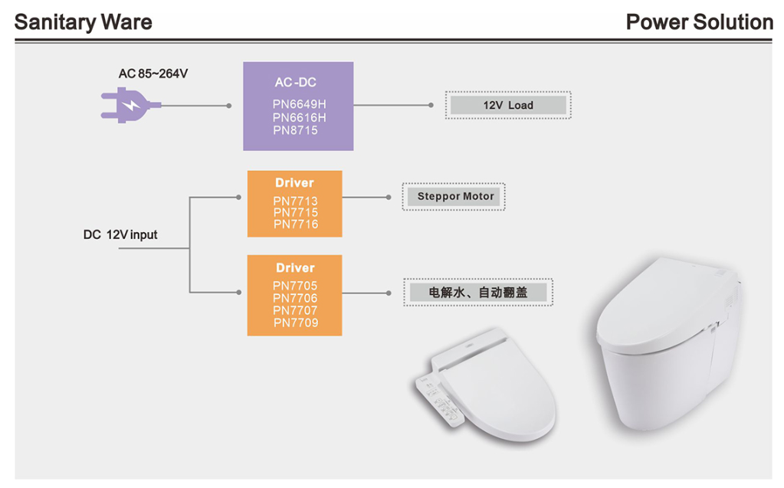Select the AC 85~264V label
point(153,74)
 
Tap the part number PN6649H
point(299,104)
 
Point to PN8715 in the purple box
point(295,130)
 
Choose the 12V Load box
point(507,105)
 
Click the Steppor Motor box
point(455,196)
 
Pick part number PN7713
point(295,201)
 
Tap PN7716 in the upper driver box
point(295,224)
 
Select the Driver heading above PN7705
point(295,268)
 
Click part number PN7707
point(295,310)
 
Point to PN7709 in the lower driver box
point(295,323)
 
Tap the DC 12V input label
point(120,234)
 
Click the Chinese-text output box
point(477,292)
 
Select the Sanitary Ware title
point(84,22)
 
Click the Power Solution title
point(699,22)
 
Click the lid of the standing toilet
point(659,303)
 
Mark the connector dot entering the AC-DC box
point(229,106)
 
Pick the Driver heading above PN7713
point(295,183)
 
